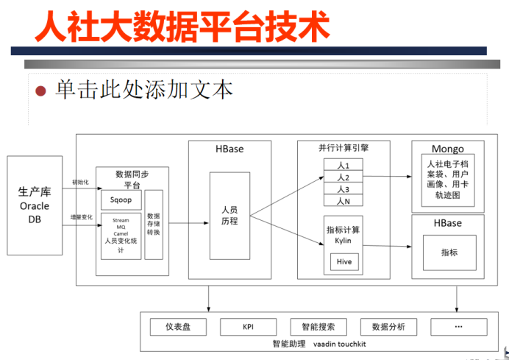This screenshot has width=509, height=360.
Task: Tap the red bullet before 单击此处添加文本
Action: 41,91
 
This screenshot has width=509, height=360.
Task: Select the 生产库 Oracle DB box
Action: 35,205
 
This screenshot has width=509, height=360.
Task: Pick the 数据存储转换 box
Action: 154,224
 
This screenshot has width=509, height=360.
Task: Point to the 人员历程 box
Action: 229,215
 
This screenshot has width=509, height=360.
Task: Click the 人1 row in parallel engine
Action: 343,166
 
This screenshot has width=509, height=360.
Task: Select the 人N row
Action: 343,200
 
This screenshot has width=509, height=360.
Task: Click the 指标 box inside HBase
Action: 449,252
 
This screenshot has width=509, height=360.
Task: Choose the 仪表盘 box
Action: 178,326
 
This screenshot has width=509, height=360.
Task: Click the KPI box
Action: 247,326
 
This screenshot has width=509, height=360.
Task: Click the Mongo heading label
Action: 448,149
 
